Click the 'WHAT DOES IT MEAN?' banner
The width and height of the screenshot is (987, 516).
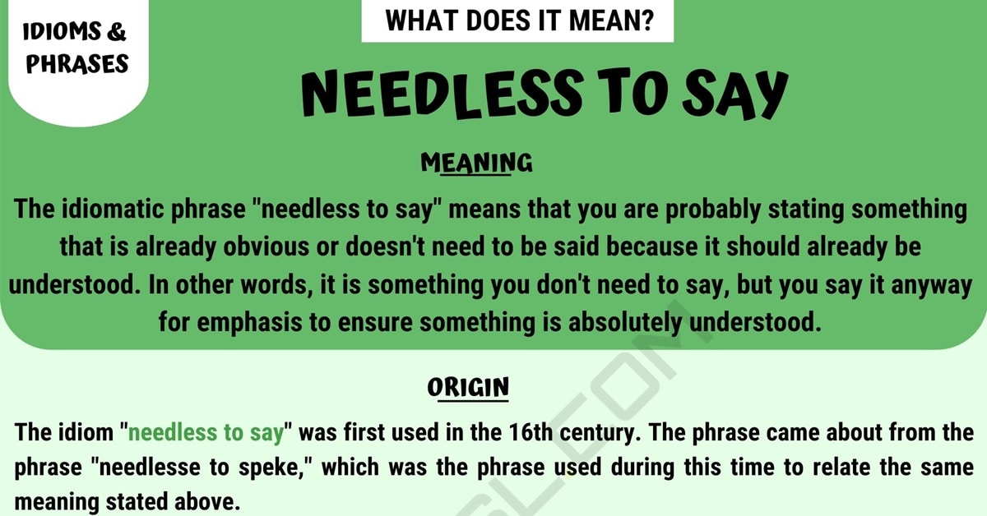517,21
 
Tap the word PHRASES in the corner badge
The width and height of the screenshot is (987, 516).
77,63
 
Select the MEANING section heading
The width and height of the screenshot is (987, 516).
476,163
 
